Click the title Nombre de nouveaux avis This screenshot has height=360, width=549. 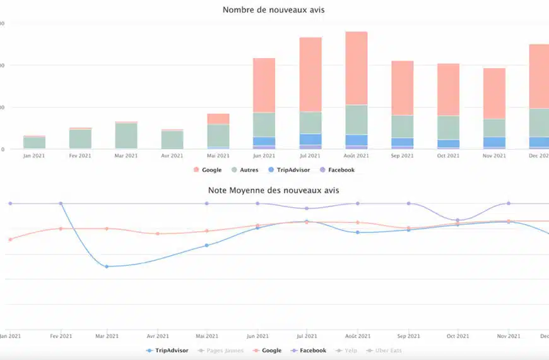coord(274,10)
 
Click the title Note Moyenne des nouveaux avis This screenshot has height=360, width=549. coord(274,189)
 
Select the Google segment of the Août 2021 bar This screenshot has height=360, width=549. coord(357,68)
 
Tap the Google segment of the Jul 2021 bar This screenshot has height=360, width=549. coord(310,75)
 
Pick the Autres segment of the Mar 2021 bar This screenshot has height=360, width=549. coord(126,135)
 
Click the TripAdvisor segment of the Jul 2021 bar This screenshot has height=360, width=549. coord(310,139)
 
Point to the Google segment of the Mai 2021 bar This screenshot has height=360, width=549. coord(218,119)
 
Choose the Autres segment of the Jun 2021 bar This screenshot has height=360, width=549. coord(264,124)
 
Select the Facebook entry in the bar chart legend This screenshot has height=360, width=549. coord(341,170)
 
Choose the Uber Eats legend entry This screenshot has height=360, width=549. coord(387,351)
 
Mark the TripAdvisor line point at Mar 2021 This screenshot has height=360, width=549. coord(107,267)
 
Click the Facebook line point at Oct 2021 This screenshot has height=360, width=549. coord(459,220)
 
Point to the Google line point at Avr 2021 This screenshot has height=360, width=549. coord(158,234)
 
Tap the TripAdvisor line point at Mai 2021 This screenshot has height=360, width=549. coord(207,245)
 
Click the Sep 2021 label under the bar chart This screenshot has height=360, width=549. coord(402,155)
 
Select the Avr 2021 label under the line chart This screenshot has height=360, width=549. coord(158,336)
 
